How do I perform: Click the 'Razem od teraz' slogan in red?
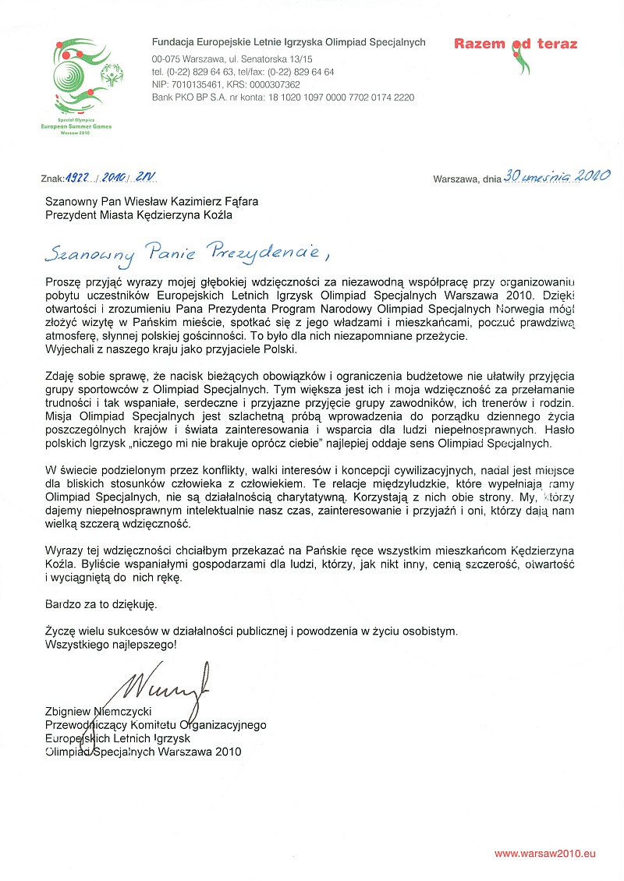[x=516, y=44]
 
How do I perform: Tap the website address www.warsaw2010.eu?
[x=544, y=853]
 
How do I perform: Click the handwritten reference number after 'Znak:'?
[x=112, y=178]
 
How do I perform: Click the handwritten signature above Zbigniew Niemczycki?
[x=164, y=684]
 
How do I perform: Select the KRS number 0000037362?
[x=272, y=84]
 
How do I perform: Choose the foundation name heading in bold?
[x=289, y=42]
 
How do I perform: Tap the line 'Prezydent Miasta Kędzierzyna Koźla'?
[x=138, y=214]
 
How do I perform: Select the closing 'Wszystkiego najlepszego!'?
[x=111, y=644]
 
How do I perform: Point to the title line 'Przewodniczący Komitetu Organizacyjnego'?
[x=155, y=725]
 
